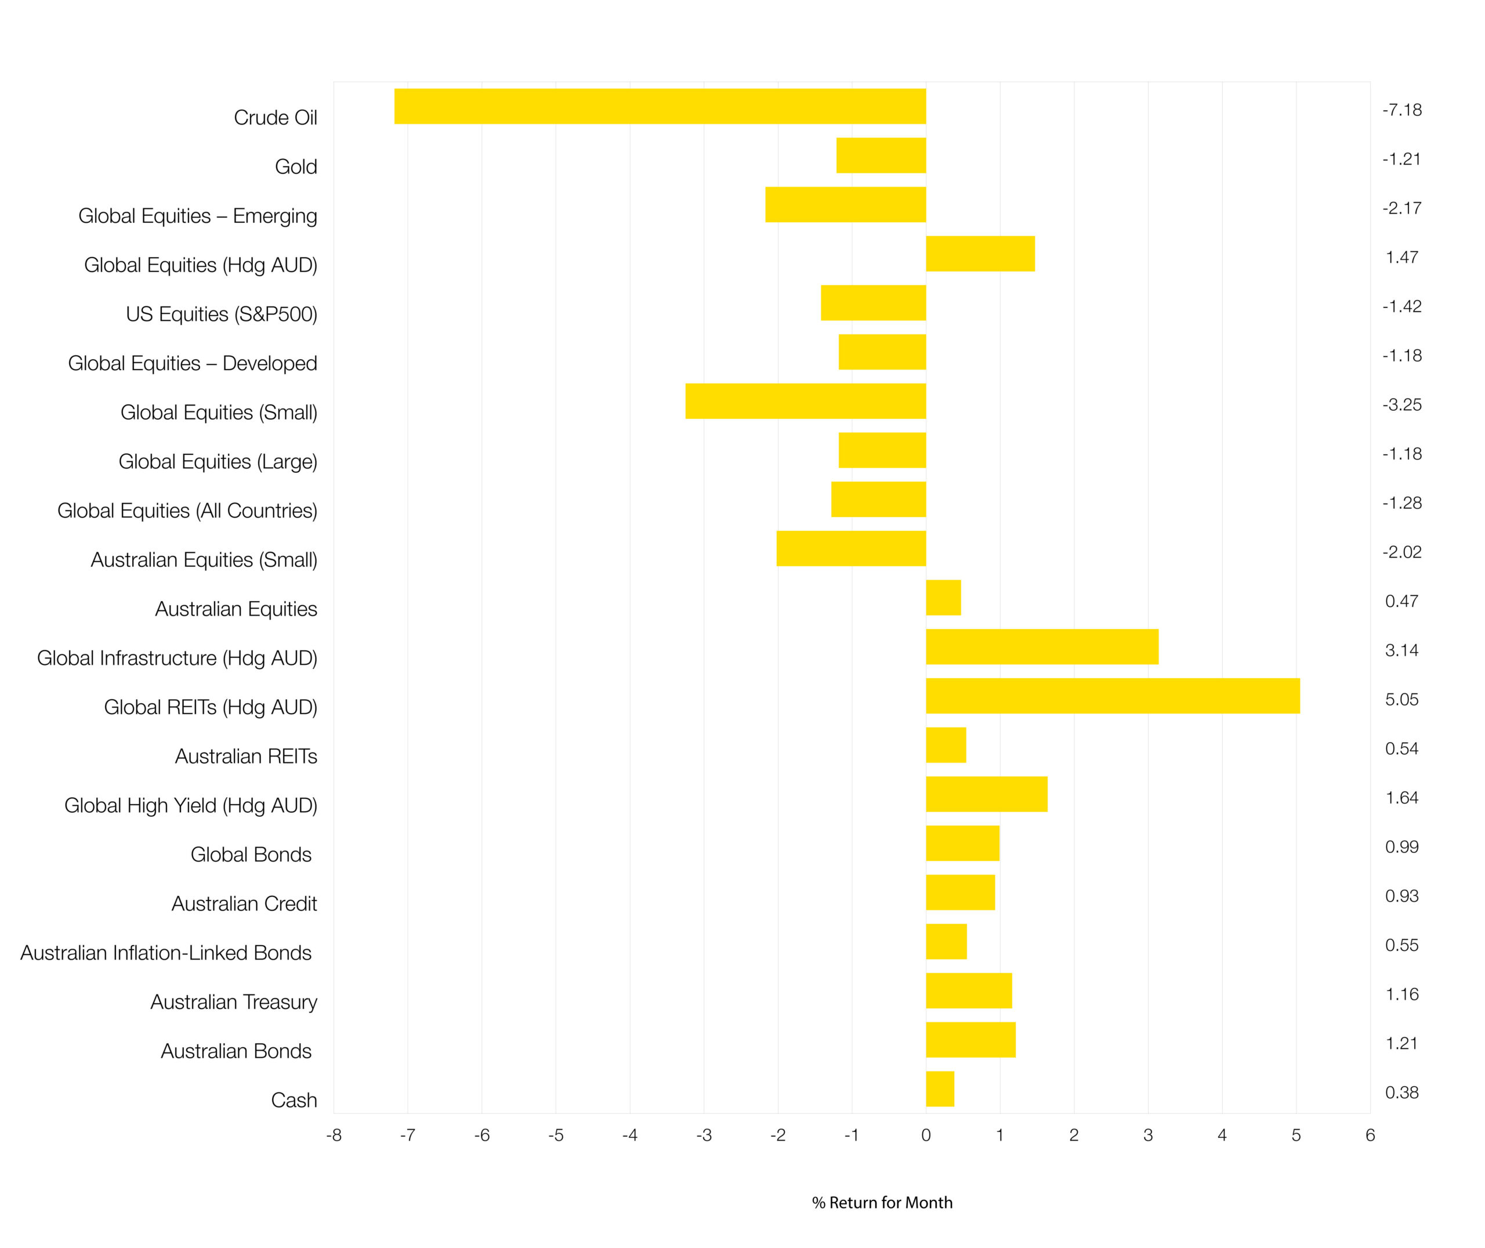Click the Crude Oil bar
click(660, 106)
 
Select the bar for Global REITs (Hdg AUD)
click(1113, 696)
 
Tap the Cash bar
click(940, 1089)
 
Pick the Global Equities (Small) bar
click(805, 401)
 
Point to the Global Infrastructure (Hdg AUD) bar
click(1042, 647)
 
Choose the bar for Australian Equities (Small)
click(851, 548)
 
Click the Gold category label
click(296, 167)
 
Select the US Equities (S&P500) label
click(222, 314)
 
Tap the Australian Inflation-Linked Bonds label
click(166, 953)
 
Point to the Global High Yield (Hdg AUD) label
click(190, 806)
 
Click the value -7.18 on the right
click(1401, 110)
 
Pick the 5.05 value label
click(1401, 700)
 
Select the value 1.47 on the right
click(1401, 258)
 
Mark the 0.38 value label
click(1401, 1093)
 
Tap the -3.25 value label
click(1401, 404)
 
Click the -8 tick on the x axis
click(334, 1135)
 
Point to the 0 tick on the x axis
click(926, 1135)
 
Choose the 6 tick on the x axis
click(1370, 1135)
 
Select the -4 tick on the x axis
click(629, 1135)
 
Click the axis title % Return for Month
click(882, 1203)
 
